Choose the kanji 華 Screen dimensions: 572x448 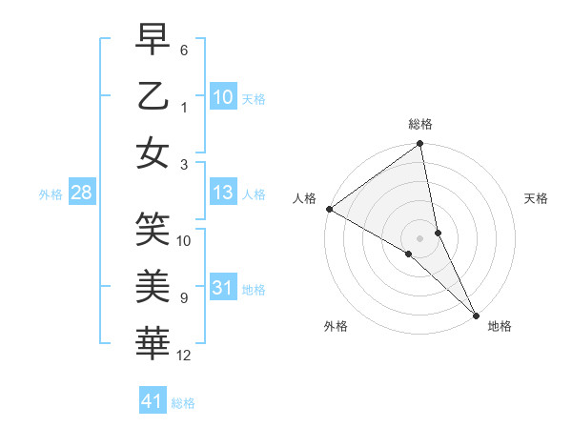[153, 339]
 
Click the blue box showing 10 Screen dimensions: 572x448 [222, 96]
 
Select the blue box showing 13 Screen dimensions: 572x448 [222, 193]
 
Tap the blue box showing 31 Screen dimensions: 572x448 [222, 289]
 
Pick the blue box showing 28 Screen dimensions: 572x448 [81, 193]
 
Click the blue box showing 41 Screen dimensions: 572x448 [152, 401]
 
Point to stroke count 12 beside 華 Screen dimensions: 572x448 [184, 356]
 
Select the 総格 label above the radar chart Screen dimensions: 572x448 [419, 125]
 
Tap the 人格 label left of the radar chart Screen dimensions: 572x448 [305, 197]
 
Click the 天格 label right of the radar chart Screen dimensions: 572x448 [537, 198]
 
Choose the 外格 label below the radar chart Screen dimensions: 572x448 [335, 327]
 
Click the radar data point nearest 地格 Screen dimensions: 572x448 [475, 314]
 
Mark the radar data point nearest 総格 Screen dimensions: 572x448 [419, 145]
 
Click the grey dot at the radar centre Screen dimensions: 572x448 [419, 237]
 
